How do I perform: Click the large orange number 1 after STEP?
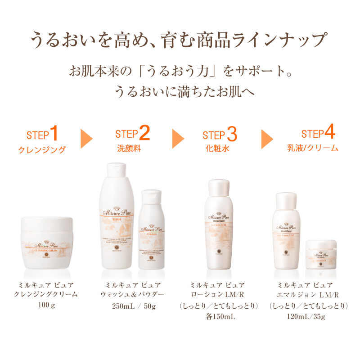54,134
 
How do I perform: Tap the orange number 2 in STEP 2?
144,133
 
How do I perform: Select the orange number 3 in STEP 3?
232,134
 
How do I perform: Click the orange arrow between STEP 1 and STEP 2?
86,139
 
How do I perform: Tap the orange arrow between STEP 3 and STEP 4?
267,139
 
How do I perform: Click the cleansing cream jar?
46,243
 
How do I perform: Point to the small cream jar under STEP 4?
321,254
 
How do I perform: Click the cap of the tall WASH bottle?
116,170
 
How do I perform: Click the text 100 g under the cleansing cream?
46,306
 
